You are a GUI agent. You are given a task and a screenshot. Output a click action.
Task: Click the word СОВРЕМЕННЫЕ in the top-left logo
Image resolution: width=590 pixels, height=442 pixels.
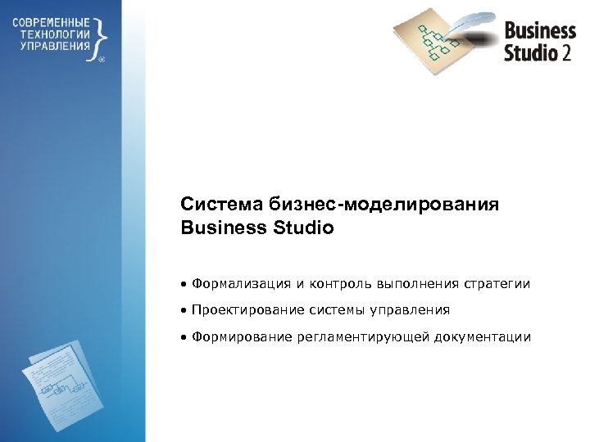click(x=52, y=21)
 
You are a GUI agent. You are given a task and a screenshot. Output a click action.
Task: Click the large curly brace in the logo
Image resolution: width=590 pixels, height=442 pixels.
click(x=99, y=35)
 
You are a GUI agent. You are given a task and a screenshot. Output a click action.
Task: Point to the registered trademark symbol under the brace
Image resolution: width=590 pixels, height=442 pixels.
click(x=102, y=60)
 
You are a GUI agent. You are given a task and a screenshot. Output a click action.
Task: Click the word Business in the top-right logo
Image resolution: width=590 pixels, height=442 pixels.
click(x=540, y=31)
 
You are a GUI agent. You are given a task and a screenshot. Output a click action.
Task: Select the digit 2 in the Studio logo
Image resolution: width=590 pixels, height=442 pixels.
click(x=567, y=53)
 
